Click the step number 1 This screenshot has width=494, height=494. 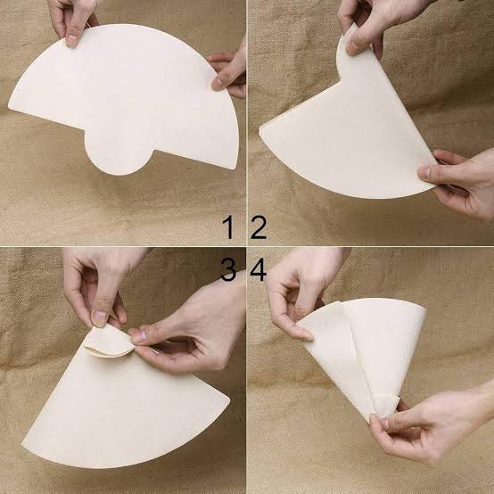(x=229, y=227)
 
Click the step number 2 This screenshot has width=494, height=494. (x=259, y=227)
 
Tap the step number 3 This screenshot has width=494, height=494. (x=228, y=269)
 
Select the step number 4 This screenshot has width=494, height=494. (x=259, y=269)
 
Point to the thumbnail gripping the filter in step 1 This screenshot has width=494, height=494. (x=72, y=40)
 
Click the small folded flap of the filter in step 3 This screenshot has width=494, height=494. (x=109, y=342)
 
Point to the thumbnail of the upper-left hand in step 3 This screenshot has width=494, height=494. (x=100, y=319)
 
